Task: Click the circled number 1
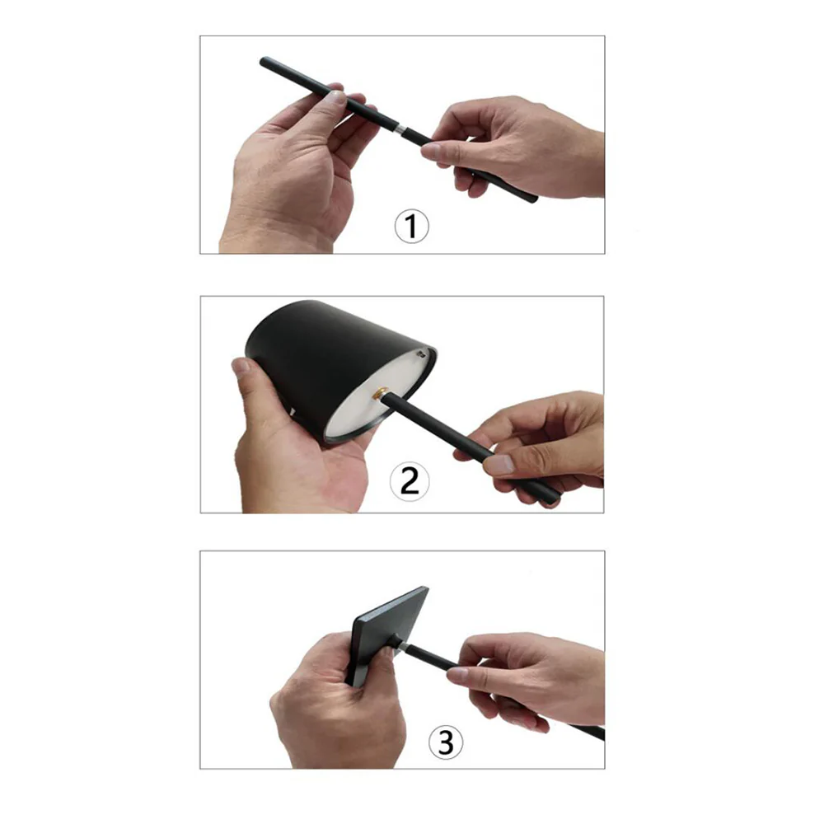coord(411,227)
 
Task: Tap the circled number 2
coord(410,481)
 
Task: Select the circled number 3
coord(446,742)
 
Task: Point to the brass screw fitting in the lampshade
coord(381,394)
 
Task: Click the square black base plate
coord(386,636)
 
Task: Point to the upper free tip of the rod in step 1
coord(264,61)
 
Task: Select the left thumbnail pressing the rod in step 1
coord(334,96)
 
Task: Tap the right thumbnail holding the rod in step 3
coord(457,676)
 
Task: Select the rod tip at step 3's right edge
coord(601,734)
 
